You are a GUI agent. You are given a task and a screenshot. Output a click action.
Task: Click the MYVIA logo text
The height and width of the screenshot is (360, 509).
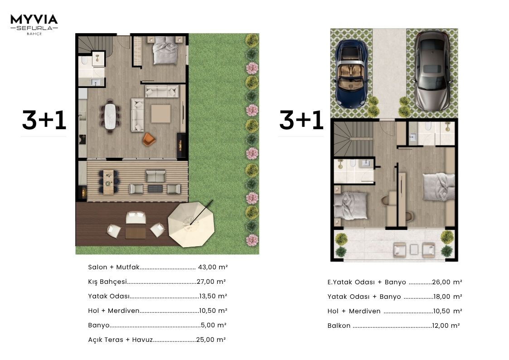[x=34, y=19]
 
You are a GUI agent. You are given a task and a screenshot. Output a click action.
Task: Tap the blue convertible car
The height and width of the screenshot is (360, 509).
[x=352, y=74]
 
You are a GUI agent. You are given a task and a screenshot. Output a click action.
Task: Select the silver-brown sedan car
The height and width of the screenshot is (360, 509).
[x=433, y=70]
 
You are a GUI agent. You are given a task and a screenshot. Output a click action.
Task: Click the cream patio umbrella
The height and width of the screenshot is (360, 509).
[x=191, y=224]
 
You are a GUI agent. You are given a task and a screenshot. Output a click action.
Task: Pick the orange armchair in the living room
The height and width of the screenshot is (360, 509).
[x=149, y=139]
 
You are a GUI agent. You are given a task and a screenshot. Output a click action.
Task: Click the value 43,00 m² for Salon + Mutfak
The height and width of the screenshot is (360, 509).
[x=213, y=267]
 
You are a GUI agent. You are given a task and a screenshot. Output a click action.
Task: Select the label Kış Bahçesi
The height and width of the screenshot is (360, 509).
[x=107, y=282]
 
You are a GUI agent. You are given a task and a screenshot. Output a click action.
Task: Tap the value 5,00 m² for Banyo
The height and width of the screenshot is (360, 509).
[x=213, y=325]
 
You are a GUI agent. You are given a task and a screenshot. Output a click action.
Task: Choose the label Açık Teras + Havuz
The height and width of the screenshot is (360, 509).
[x=121, y=340]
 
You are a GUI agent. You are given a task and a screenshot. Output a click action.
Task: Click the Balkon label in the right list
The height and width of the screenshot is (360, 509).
[x=339, y=326]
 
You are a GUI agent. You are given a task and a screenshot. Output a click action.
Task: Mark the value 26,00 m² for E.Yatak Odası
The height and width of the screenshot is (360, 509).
[x=447, y=282]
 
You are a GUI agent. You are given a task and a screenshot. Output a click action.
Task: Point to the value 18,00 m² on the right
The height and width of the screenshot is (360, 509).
[x=448, y=297]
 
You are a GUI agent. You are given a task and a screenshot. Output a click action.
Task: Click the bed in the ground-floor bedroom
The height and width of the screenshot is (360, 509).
[x=165, y=50]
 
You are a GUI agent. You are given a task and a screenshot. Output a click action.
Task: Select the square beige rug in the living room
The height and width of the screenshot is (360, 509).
[x=161, y=114]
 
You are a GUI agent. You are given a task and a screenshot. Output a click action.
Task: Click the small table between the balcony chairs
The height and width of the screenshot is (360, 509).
[x=414, y=249]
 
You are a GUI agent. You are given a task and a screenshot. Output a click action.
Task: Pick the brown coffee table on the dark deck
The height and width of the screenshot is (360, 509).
[x=136, y=233]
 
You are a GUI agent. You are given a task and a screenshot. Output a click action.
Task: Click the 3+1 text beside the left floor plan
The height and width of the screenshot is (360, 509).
[x=44, y=120]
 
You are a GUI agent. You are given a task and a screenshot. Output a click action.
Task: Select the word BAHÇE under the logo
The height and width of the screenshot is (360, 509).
[x=34, y=34]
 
